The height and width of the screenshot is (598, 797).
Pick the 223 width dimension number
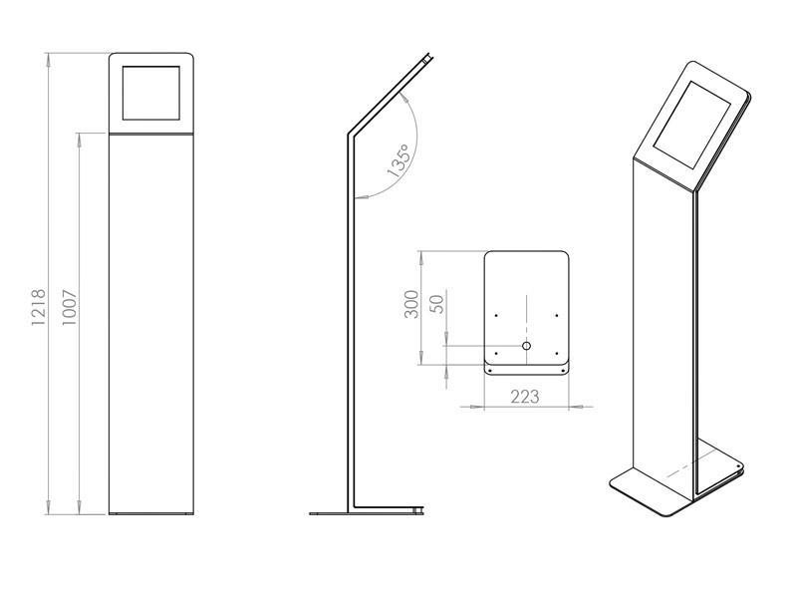(525, 397)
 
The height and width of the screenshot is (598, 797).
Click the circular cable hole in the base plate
(526, 346)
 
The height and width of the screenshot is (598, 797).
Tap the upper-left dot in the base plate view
(495, 316)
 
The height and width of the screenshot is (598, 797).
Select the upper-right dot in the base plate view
(557, 316)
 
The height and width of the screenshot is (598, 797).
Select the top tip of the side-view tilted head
(429, 58)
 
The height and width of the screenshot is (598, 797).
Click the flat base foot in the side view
(364, 513)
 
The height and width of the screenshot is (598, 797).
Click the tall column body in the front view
(150, 319)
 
